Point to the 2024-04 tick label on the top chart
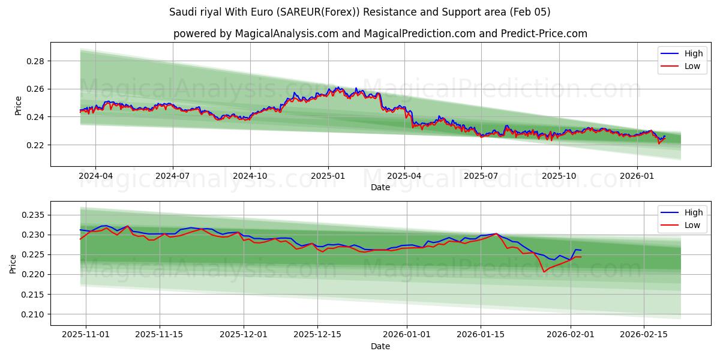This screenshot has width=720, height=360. point(95,176)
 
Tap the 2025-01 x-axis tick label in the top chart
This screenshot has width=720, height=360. point(328,176)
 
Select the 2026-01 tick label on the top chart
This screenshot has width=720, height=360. point(637,176)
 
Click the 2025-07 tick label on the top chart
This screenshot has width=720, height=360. point(481,176)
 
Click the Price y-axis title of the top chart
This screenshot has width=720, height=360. point(18,106)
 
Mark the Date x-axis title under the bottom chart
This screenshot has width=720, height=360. point(380,346)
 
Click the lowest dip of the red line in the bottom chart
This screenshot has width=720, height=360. point(544,272)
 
